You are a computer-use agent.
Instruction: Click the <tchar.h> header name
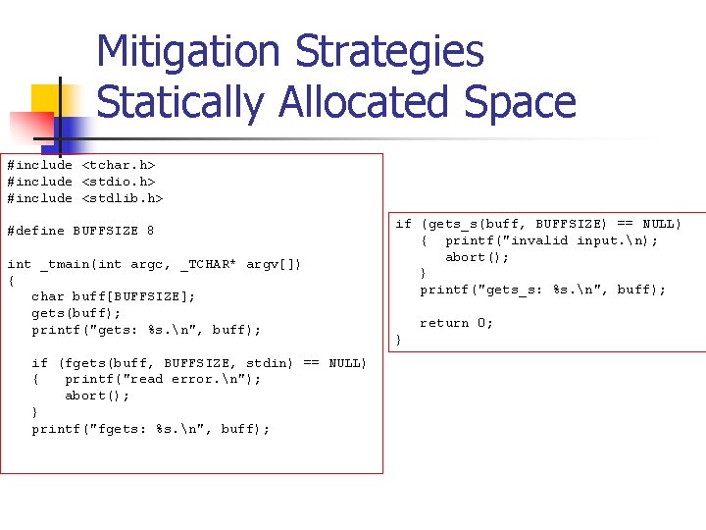pos(118,165)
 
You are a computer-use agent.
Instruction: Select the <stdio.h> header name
pos(118,182)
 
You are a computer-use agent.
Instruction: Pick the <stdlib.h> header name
pos(122,198)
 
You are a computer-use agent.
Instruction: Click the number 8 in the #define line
pos(150,231)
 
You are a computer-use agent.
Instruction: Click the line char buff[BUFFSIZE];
pos(114,296)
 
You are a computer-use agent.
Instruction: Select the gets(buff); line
pos(76,313)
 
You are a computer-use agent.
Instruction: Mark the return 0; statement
pos(456,323)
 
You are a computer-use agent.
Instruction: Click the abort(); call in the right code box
pos(478,257)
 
